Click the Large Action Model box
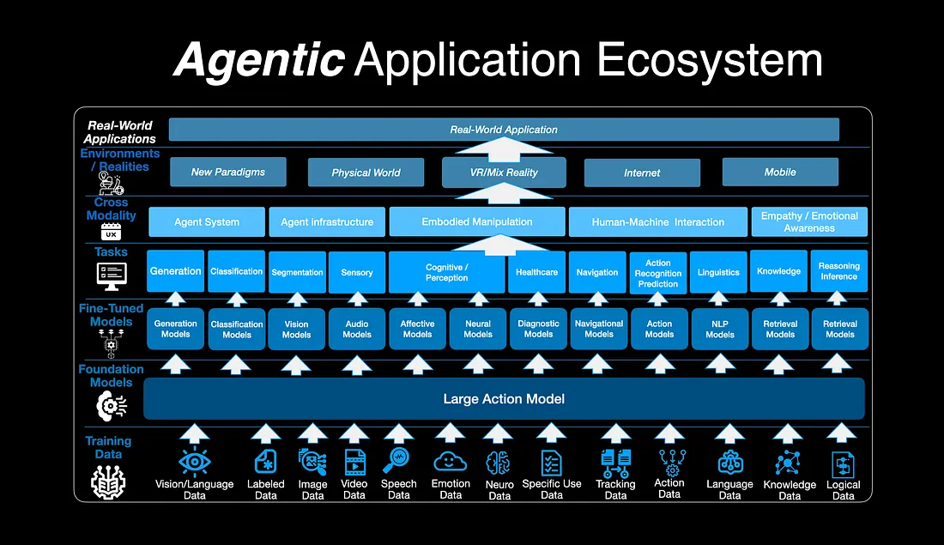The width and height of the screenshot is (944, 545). [504, 399]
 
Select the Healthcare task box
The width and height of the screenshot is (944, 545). [537, 272]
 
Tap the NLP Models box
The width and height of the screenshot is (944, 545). [720, 330]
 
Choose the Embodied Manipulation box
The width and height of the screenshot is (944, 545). [477, 221]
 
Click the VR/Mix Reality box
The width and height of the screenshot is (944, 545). [504, 172]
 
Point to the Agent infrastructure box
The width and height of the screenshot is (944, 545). [327, 221]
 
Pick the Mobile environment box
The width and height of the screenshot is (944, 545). [780, 172]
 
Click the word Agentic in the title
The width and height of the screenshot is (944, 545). [259, 60]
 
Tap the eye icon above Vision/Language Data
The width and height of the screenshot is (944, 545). [195, 463]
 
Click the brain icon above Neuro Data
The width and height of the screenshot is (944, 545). [499, 464]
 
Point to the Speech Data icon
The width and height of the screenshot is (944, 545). [399, 460]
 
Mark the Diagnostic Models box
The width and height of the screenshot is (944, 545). [538, 330]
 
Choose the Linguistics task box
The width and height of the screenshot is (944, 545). [718, 272]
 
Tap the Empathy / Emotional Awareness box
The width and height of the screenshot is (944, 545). [809, 221]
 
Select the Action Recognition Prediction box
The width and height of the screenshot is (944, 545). [658, 273]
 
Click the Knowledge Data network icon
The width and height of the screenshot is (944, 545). [789, 463]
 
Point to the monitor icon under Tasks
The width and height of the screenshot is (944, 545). [112, 276]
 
